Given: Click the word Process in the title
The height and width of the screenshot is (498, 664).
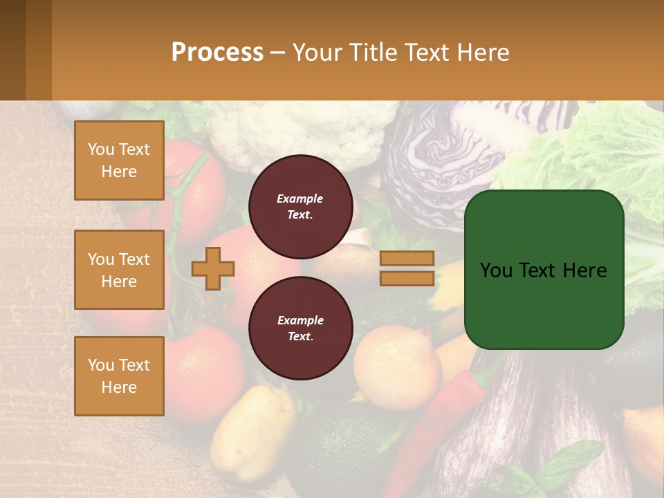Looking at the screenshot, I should pyautogui.click(x=217, y=53).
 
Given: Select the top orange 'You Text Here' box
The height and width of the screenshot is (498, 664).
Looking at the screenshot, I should pyautogui.click(x=119, y=160).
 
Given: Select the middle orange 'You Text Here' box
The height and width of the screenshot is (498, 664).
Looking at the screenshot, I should pyautogui.click(x=119, y=270).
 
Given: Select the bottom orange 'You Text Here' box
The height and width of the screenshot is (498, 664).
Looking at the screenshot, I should pyautogui.click(x=119, y=376).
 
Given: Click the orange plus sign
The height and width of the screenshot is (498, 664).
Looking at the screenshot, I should pyautogui.click(x=212, y=268).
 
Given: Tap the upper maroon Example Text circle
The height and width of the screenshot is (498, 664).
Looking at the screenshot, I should pyautogui.click(x=300, y=206).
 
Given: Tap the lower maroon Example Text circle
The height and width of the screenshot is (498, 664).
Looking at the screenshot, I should pyautogui.click(x=300, y=328).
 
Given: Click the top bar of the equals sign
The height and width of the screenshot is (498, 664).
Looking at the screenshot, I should pyautogui.click(x=407, y=259).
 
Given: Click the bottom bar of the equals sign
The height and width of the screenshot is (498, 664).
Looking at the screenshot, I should pyautogui.click(x=407, y=278).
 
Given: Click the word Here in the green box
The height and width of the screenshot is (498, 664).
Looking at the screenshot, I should pyautogui.click(x=584, y=270).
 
